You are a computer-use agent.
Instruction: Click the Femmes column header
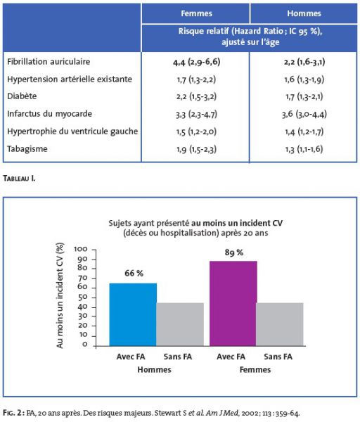pyautogui.click(x=196, y=13)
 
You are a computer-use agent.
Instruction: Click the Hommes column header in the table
pyautogui.click(x=304, y=13)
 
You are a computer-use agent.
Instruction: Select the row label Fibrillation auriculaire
pyautogui.click(x=49, y=62)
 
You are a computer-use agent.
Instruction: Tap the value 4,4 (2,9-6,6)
pyautogui.click(x=196, y=62)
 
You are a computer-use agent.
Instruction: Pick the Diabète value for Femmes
pyautogui.click(x=196, y=96)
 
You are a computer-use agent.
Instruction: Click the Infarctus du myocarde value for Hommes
pyautogui.click(x=304, y=114)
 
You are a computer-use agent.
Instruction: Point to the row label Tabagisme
pyautogui.click(x=27, y=149)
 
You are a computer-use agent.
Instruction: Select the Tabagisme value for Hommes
pyautogui.click(x=304, y=149)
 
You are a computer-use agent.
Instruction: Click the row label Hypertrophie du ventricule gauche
pyautogui.click(x=72, y=132)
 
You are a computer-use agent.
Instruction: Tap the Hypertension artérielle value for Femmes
pyautogui.click(x=196, y=79)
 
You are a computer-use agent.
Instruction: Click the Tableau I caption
pyautogui.click(x=19, y=178)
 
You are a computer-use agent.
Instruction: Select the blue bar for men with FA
pyautogui.click(x=133, y=314)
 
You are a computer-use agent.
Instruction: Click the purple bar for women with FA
pyautogui.click(x=233, y=303)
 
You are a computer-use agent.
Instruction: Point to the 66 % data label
pyautogui.click(x=134, y=273)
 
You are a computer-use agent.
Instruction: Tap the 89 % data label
pyautogui.click(x=234, y=252)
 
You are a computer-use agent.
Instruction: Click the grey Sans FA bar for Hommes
pyautogui.click(x=180, y=324)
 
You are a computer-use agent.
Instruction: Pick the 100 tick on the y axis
pyautogui.click(x=81, y=249)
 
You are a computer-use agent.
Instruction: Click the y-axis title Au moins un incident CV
pyautogui.click(x=60, y=295)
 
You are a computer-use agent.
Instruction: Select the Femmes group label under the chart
pyautogui.click(x=255, y=369)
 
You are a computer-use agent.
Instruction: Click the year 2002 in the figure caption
pyautogui.click(x=249, y=413)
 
